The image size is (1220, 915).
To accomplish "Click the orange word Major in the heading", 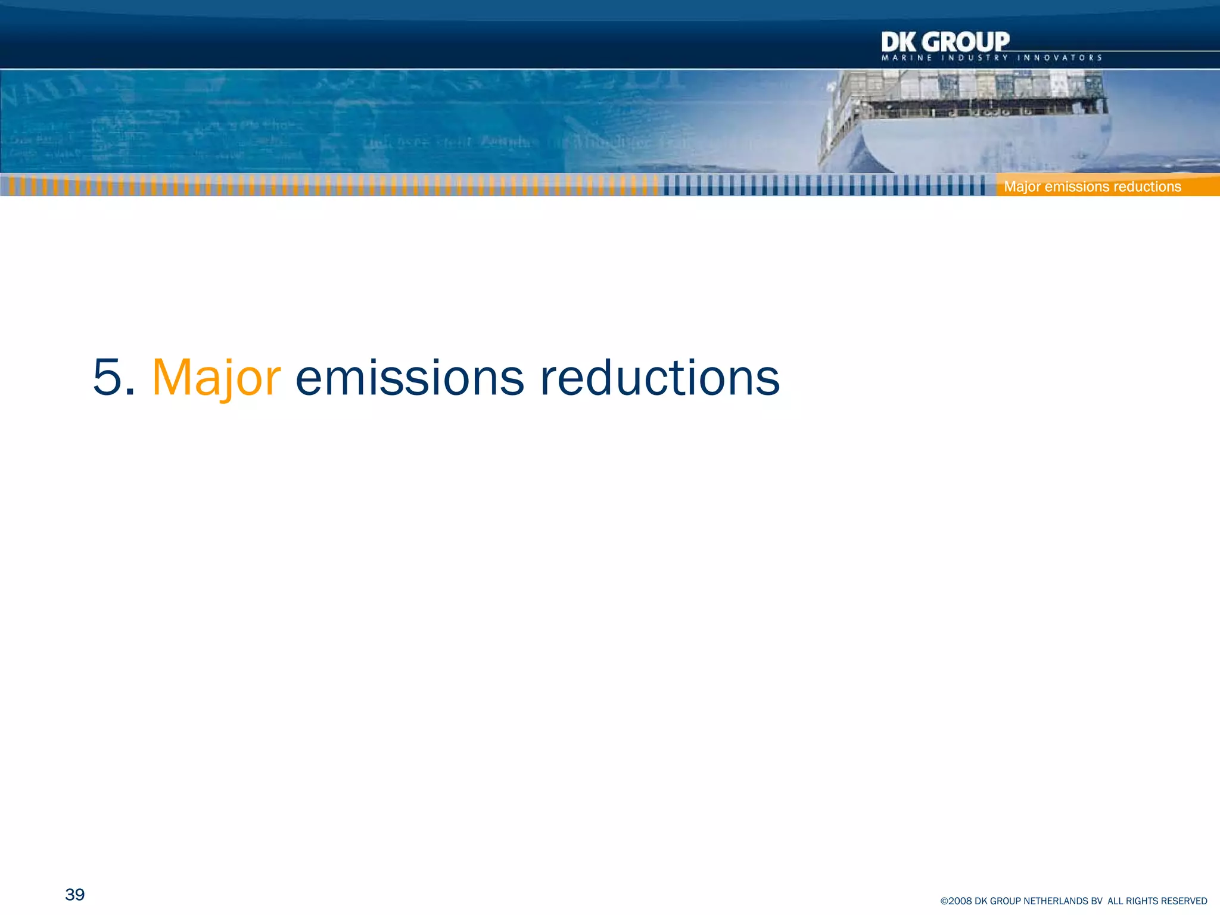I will pyautogui.click(x=216, y=378).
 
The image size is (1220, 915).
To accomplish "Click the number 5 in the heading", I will pyautogui.click(x=107, y=378).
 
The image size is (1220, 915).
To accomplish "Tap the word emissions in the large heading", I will pyautogui.click(x=410, y=378).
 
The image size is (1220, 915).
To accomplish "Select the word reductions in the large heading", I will pyautogui.click(x=659, y=378).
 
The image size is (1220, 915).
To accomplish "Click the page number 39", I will pyautogui.click(x=75, y=894).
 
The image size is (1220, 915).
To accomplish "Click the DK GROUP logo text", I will pyautogui.click(x=945, y=42).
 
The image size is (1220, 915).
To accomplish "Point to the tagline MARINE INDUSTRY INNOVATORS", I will pyautogui.click(x=991, y=58).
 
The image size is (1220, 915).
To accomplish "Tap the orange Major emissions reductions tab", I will pyautogui.click(x=1092, y=186).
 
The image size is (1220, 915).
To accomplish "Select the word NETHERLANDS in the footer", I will pyautogui.click(x=1056, y=901).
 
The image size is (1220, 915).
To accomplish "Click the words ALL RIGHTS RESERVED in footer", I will pyautogui.click(x=1157, y=901).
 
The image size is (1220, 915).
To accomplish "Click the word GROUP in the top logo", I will pyautogui.click(x=967, y=42).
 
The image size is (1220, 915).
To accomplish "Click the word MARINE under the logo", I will pyautogui.click(x=907, y=58).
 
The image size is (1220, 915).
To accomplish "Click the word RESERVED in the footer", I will pyautogui.click(x=1186, y=901).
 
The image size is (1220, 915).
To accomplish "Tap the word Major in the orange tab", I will pyautogui.click(x=1022, y=186).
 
